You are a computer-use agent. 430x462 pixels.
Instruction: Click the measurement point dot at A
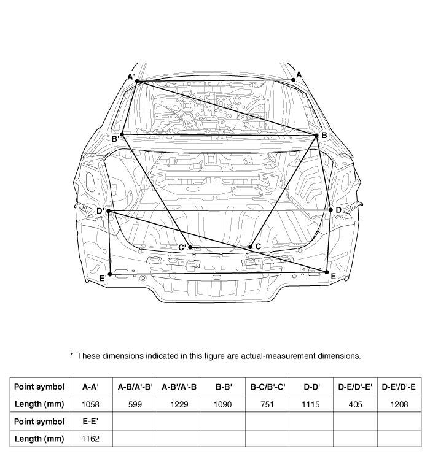[x=293, y=80]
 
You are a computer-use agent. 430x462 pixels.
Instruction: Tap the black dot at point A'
[x=137, y=81]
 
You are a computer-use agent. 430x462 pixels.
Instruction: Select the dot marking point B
[x=317, y=136]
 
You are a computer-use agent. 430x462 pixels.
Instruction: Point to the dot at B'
[x=122, y=134]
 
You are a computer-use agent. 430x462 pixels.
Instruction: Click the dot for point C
[x=251, y=247]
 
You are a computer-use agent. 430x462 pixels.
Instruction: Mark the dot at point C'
[x=190, y=247]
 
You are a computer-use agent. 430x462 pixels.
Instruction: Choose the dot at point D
[x=330, y=210]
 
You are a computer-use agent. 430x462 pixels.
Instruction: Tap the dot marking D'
[x=109, y=211]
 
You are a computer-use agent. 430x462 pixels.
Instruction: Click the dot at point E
[x=326, y=272]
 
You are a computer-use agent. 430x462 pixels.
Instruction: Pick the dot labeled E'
[x=110, y=274]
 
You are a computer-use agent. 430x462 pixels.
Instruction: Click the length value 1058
[x=90, y=404]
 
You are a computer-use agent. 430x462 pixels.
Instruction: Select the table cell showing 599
[x=135, y=404]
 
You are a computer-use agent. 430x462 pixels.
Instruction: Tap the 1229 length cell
[x=179, y=404]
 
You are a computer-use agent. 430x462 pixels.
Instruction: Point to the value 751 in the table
[x=267, y=404]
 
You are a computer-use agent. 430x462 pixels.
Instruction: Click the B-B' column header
[x=223, y=387]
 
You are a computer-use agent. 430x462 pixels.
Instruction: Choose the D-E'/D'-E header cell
[x=399, y=387]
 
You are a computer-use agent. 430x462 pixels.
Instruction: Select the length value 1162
[x=90, y=439]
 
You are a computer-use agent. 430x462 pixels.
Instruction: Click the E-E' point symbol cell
[x=90, y=422]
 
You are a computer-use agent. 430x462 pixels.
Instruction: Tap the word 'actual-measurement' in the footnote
[x=278, y=356]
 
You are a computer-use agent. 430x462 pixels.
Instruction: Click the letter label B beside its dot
[x=324, y=135]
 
